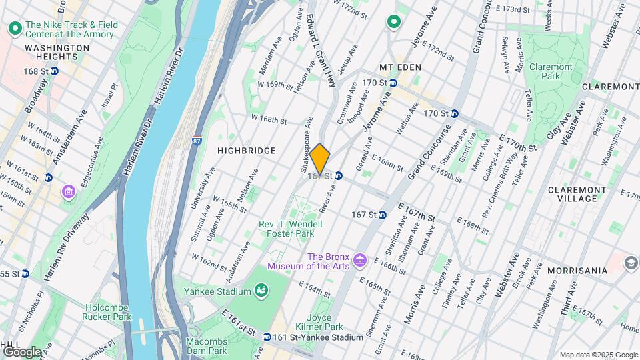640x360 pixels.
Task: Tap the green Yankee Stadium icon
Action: pos(261,291)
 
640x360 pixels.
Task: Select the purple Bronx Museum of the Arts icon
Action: pos(361,259)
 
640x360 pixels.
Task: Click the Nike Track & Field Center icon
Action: pos(14,29)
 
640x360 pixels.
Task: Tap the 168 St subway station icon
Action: pos(55,71)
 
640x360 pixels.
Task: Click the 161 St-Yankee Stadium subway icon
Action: pos(267,337)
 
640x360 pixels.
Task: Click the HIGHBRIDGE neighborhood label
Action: pos(247,151)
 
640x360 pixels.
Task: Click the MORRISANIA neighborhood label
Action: pos(577,271)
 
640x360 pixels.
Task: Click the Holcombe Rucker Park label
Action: pos(111,313)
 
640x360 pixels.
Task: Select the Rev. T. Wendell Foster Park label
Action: pos(290,229)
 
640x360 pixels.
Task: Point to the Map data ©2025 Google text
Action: pos(598,355)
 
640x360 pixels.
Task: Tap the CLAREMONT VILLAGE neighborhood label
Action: pos(572,194)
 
